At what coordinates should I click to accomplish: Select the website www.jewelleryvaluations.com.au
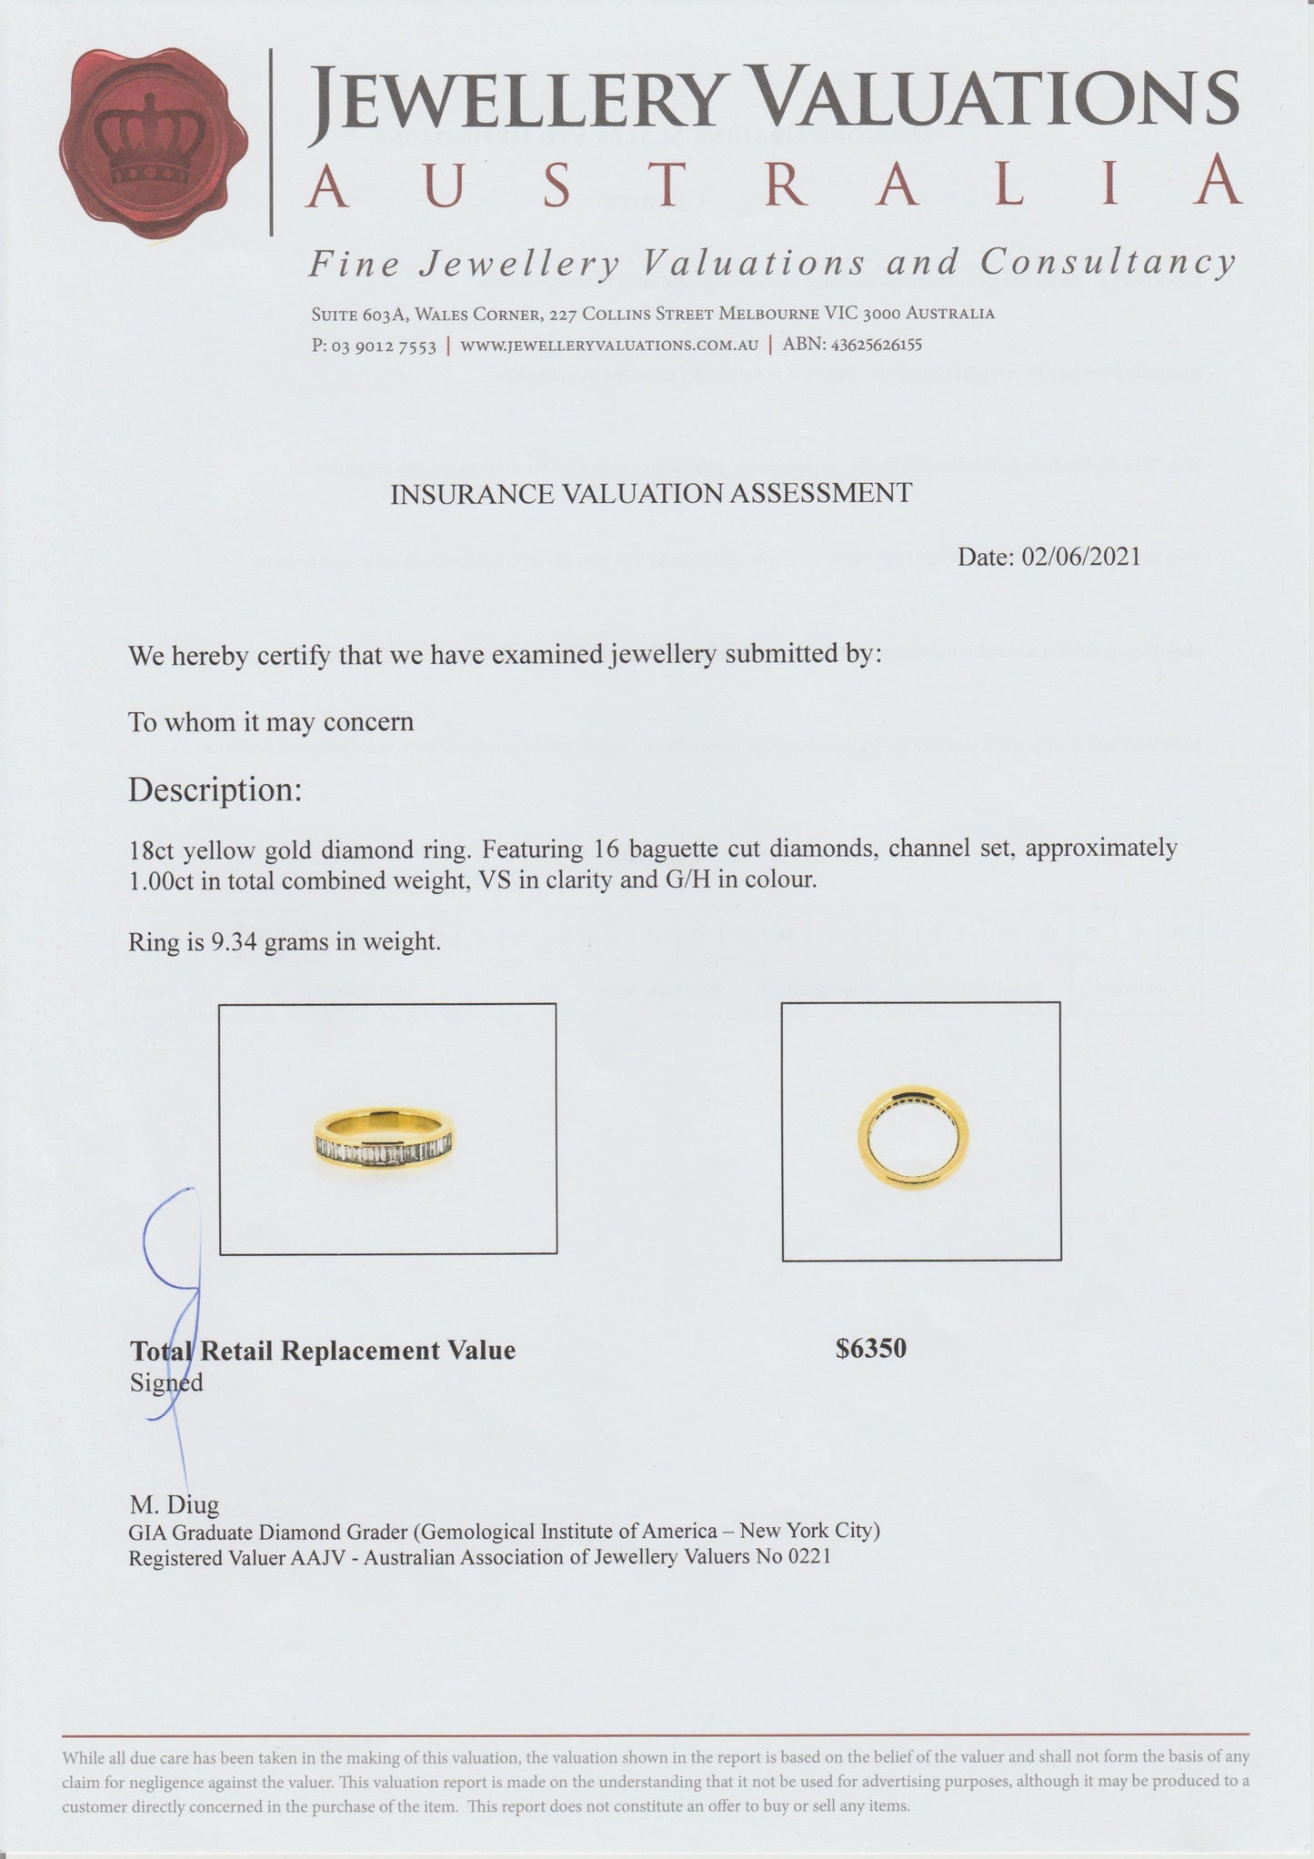609,346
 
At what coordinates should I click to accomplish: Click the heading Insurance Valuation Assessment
650,494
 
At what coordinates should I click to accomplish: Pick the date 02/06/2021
1080,557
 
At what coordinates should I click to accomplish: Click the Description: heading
215,789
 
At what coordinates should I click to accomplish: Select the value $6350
871,1348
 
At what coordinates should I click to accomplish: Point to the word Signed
166,1382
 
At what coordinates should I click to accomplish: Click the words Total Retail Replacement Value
323,1351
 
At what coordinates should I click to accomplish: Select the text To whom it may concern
271,722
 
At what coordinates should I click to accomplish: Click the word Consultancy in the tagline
1108,263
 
